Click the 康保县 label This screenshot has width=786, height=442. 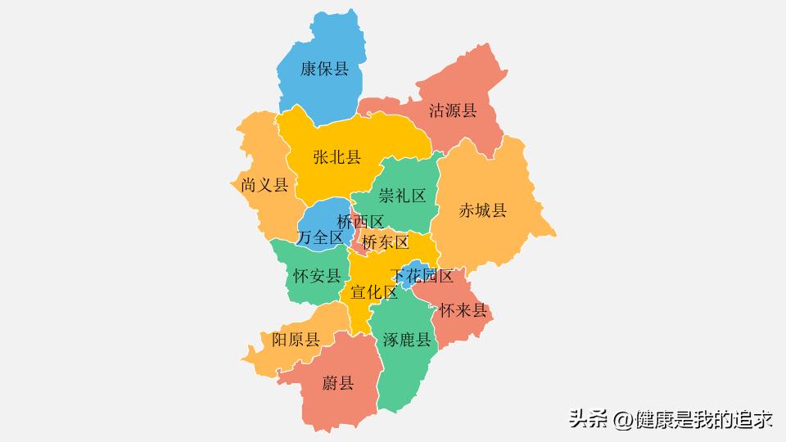pyautogui.click(x=324, y=69)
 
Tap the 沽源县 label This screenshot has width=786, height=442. pyautogui.click(x=453, y=110)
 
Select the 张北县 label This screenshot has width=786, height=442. pyautogui.click(x=337, y=157)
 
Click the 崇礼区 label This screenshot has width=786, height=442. pyautogui.click(x=402, y=196)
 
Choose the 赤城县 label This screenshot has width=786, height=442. pyautogui.click(x=482, y=210)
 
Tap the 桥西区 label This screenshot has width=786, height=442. pyautogui.click(x=360, y=222)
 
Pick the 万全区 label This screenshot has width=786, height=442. pyautogui.click(x=320, y=237)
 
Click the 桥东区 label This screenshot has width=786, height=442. pyautogui.click(x=385, y=242)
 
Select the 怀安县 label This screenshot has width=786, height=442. pyautogui.click(x=317, y=276)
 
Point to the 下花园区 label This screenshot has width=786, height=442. pyautogui.click(x=422, y=276)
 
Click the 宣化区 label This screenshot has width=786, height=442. pyautogui.click(x=374, y=292)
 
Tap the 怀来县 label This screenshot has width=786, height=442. pyautogui.click(x=463, y=311)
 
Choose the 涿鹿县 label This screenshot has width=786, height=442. pyautogui.click(x=407, y=341)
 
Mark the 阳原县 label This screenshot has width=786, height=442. pyautogui.click(x=296, y=340)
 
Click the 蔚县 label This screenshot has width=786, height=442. pyautogui.click(x=337, y=382)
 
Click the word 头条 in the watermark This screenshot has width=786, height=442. pyautogui.click(x=589, y=420)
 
